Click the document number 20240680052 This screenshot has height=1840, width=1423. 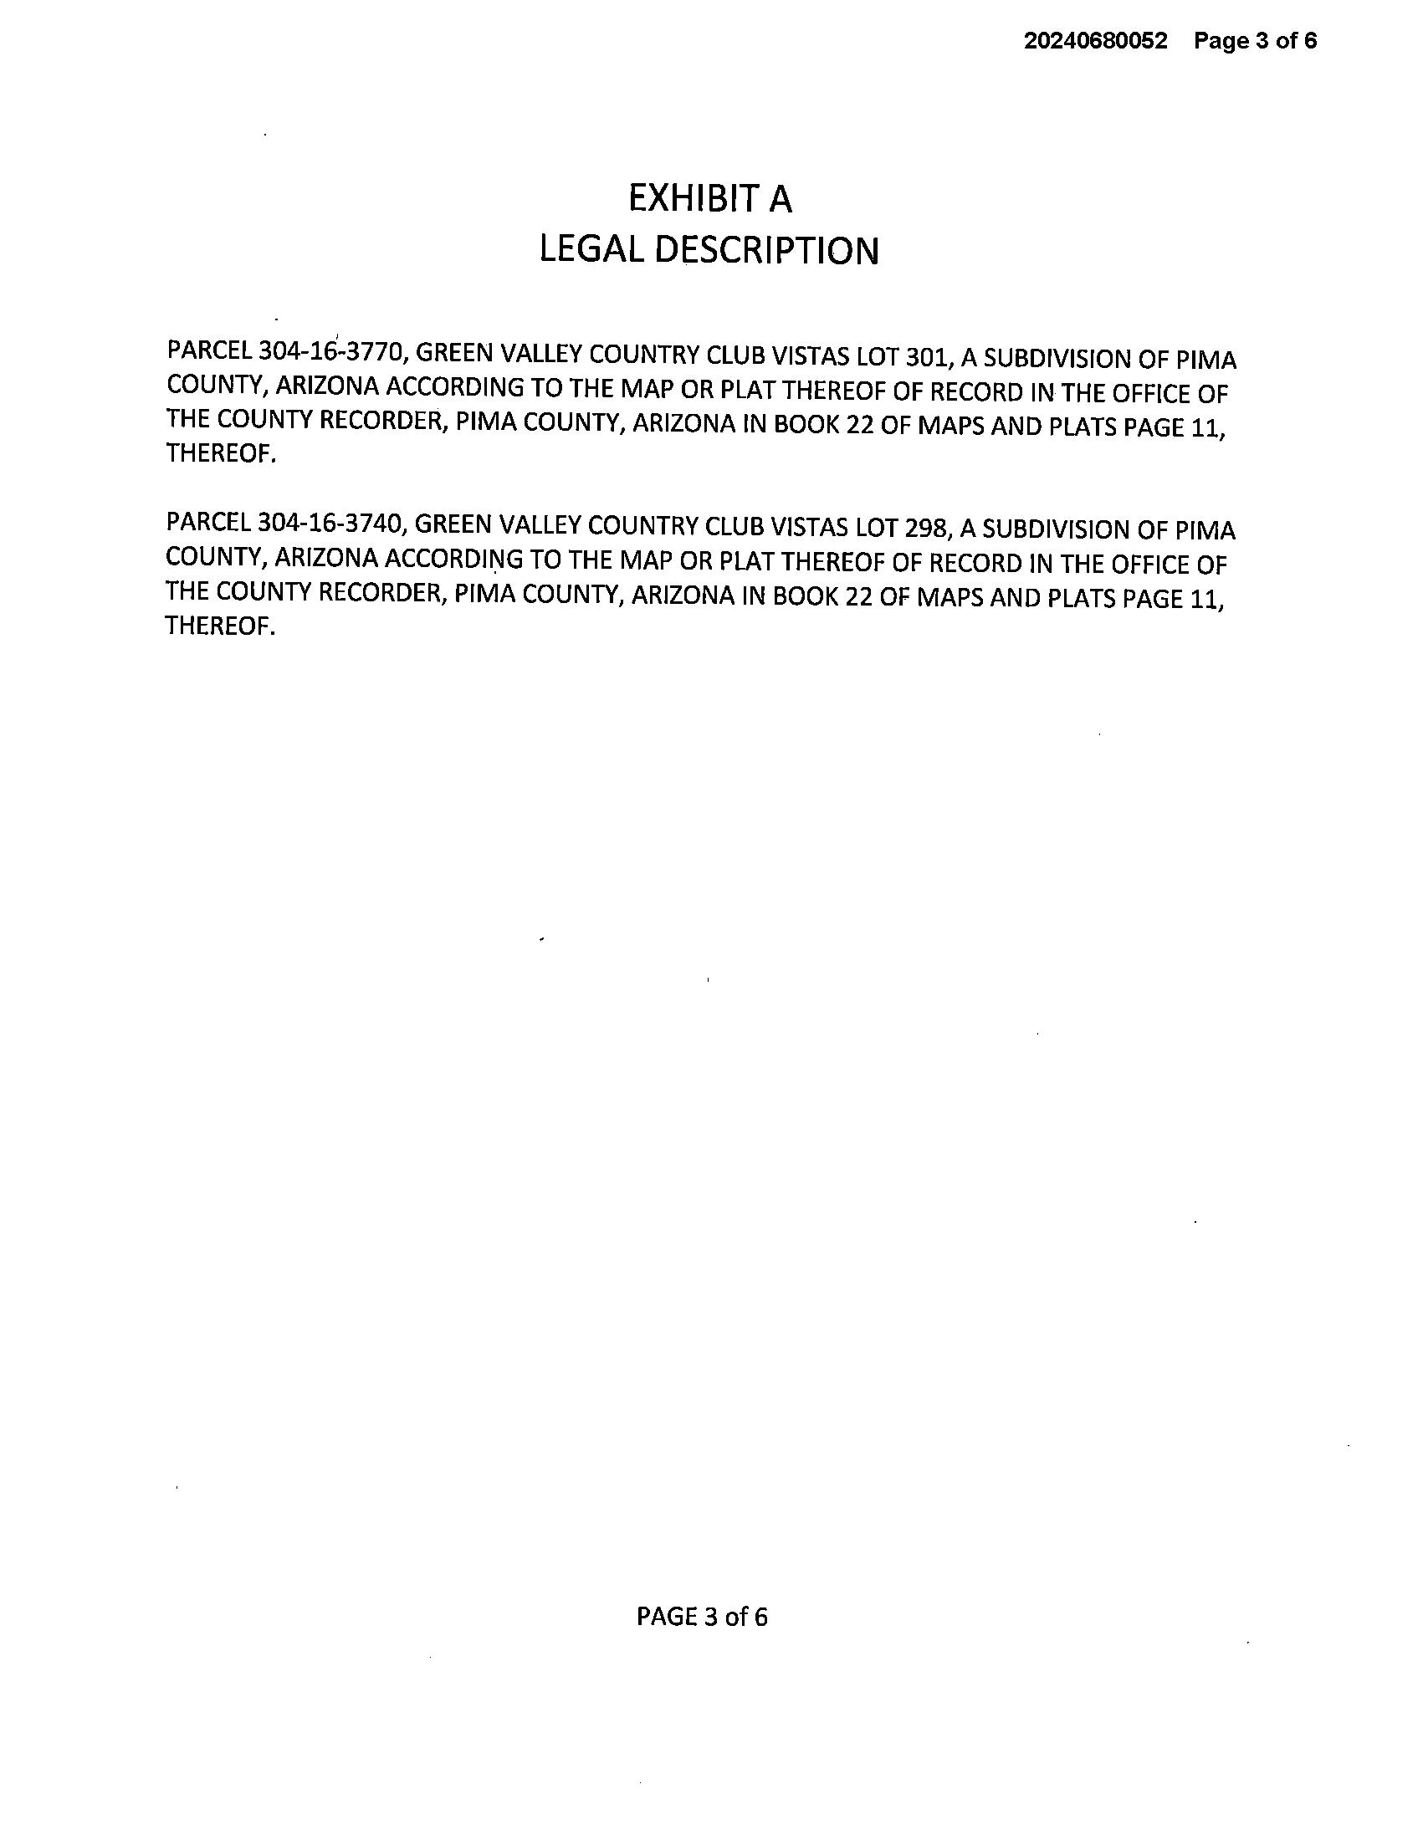(x=1095, y=40)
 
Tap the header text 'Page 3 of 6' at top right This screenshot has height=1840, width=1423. (x=1255, y=40)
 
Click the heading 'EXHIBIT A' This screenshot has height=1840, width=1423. (x=709, y=199)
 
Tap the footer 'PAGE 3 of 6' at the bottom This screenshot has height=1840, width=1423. (x=702, y=1617)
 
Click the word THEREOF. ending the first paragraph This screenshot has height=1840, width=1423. (x=221, y=454)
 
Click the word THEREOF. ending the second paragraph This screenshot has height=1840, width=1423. (x=220, y=626)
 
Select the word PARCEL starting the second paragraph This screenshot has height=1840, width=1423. (x=208, y=522)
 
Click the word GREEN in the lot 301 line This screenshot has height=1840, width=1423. (x=455, y=353)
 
